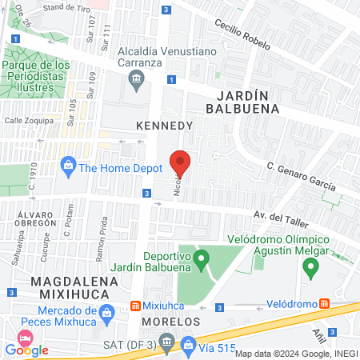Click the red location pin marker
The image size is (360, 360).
tap(180, 163)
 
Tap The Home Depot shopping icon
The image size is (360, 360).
tap(68, 167)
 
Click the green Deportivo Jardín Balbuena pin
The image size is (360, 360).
tap(202, 258)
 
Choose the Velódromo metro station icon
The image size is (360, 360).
tap(324, 303)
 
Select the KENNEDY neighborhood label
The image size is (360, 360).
tap(165, 126)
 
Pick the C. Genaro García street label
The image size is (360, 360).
tap(301, 176)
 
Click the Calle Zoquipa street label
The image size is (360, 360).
tap(30, 121)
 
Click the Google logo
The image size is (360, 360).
tap(27, 350)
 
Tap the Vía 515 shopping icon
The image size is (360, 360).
tap(189, 346)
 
